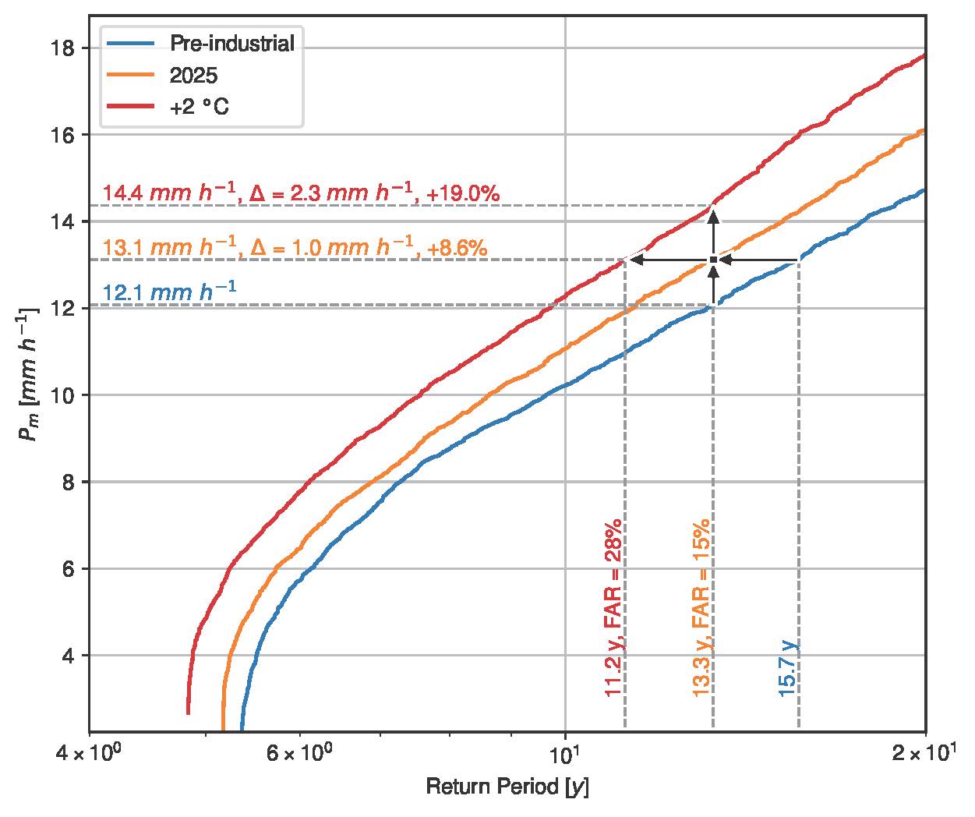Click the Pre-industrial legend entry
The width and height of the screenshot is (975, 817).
(x=232, y=43)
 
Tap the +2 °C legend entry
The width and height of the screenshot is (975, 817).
(x=200, y=107)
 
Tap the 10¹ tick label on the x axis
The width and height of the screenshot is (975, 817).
(x=564, y=752)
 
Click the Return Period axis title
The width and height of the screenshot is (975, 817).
(x=507, y=788)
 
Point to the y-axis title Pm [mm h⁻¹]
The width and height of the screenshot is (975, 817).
(x=29, y=374)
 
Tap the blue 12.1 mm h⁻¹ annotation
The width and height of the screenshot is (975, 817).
(x=169, y=293)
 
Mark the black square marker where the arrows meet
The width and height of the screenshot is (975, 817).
(x=713, y=260)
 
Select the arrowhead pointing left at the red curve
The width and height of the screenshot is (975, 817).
(x=635, y=260)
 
